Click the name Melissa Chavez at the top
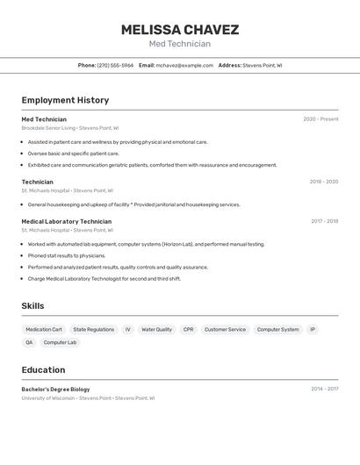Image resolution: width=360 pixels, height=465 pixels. pos(179,30)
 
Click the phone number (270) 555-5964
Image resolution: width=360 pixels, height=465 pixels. pos(115,65)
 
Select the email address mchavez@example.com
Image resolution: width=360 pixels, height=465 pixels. pos(184,65)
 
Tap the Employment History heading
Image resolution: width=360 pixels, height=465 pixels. pos(65,100)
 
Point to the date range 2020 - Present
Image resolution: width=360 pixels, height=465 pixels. pos(320,119)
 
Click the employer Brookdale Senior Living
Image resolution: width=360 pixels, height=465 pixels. pos(48,128)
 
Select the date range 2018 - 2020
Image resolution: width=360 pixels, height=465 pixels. pos(323,182)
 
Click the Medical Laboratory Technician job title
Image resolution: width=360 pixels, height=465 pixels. pos(67,222)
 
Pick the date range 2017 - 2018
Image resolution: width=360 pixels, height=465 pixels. pos(324,222)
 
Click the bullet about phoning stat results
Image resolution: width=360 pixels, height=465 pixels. pos(67,255)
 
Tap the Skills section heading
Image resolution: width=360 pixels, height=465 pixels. pos(33,305)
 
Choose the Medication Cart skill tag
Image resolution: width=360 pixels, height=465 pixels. pos(44,330)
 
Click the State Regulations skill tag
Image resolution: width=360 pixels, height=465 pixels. pos(93,330)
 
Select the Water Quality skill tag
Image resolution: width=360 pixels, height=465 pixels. pos(156,330)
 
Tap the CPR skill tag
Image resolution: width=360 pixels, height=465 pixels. pos(188,330)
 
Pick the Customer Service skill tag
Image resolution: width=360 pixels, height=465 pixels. pos(225,330)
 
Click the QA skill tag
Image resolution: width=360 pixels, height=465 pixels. pos(29,342)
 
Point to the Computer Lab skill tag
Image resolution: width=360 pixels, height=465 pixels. pos(60,342)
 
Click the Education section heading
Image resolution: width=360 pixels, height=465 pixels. pos(43,369)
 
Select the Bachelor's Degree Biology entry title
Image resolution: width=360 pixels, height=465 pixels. pos(55,389)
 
